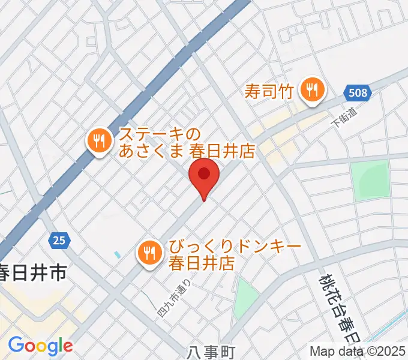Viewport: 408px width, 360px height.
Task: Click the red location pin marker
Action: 204,175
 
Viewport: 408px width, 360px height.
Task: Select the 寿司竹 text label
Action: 268,91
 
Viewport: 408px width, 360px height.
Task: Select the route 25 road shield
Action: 58,241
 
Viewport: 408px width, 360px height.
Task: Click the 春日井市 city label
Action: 32,274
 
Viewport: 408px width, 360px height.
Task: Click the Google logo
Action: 40,346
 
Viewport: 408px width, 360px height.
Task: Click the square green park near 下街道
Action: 370,179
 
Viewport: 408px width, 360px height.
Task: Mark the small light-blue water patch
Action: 117,255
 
